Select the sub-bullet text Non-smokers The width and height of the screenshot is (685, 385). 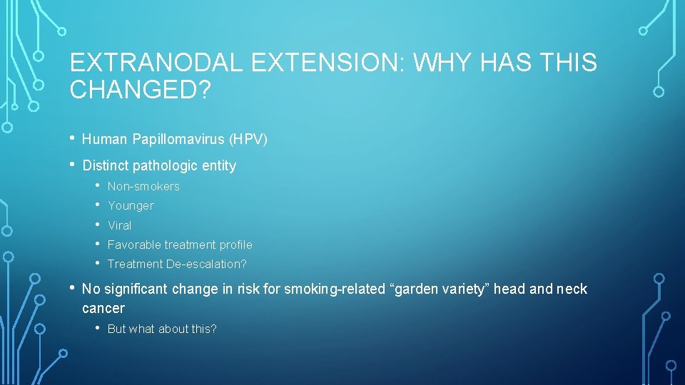tap(143, 187)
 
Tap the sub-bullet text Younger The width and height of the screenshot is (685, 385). tap(131, 206)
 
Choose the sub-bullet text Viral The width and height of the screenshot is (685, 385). tap(120, 225)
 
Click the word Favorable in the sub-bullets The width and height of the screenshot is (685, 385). tap(134, 245)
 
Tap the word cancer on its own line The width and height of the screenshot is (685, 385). tap(103, 309)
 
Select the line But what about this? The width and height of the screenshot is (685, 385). tap(162, 329)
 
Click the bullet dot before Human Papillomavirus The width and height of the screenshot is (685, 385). tap(73, 138)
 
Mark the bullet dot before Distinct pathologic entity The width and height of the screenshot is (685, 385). tap(73, 165)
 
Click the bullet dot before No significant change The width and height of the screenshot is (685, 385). tap(73, 288)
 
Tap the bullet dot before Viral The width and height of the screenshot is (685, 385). tap(98, 225)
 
